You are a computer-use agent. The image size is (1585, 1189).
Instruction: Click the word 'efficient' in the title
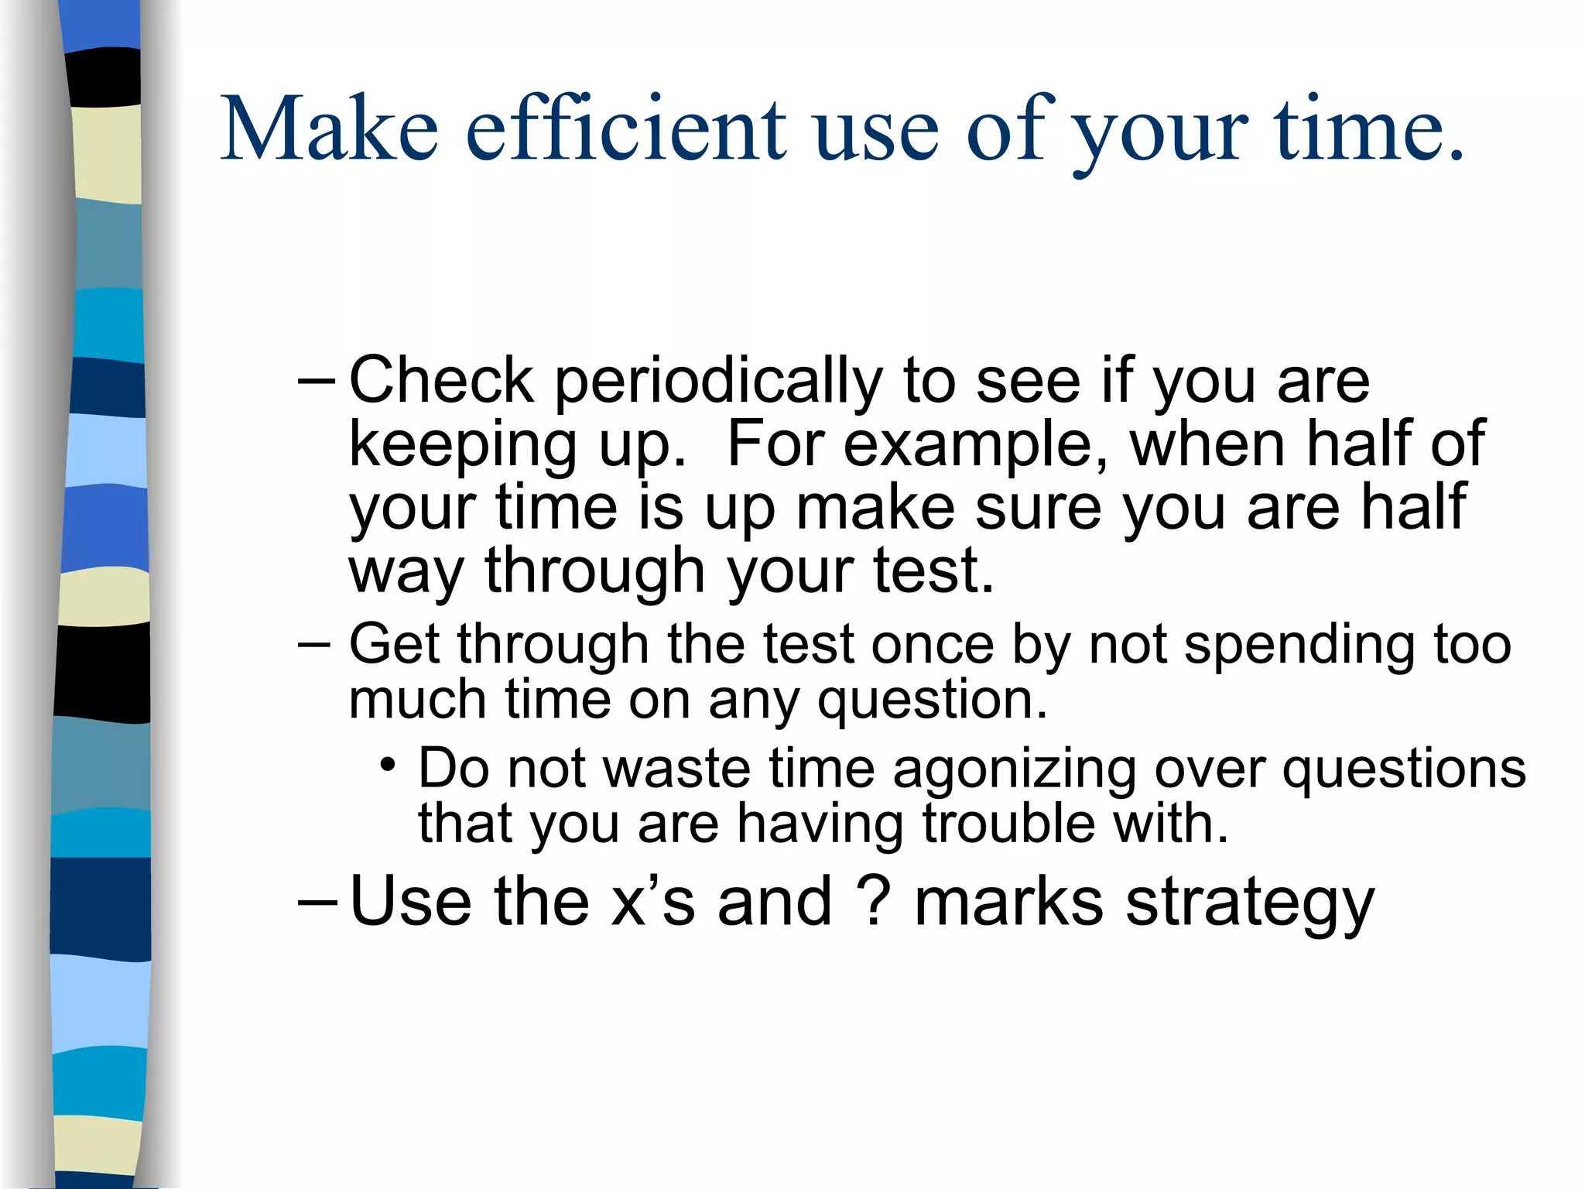[625, 128]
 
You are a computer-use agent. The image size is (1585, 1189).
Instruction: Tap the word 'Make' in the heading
[329, 128]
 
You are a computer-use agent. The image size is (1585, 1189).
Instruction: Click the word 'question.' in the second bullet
[932, 701]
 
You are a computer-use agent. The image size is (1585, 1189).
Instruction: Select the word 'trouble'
[1008, 823]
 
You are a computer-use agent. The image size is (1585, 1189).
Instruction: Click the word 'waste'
[676, 769]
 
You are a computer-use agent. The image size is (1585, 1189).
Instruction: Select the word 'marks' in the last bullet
[1008, 902]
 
